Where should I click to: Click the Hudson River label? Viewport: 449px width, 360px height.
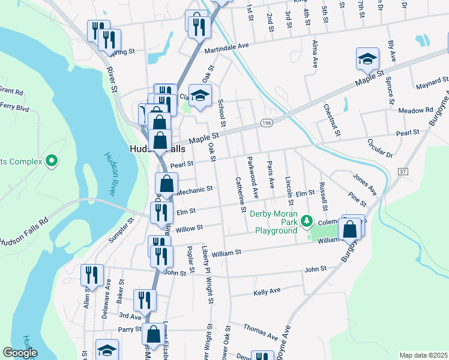click(110, 173)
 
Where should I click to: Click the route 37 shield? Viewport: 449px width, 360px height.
click(402, 172)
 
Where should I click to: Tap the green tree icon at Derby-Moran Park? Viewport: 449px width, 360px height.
click(307, 222)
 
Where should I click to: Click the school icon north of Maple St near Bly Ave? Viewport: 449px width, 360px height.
click(367, 59)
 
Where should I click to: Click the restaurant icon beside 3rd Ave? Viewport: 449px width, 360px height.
click(145, 300)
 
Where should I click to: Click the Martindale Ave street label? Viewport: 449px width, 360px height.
click(226, 46)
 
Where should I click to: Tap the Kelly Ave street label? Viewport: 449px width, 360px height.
click(267, 291)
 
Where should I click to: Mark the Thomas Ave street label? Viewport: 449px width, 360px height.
click(261, 331)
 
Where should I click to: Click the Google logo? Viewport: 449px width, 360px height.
click(20, 353)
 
